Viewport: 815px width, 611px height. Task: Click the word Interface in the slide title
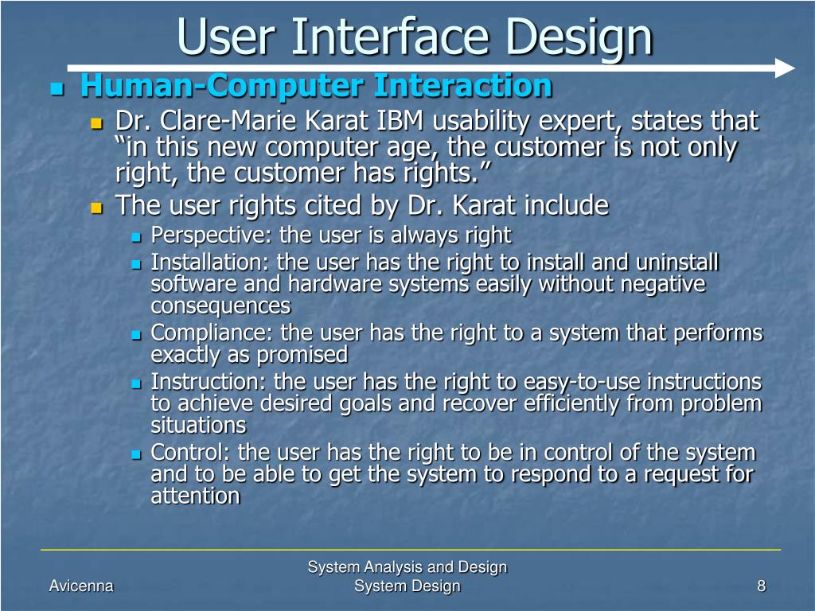pos(390,37)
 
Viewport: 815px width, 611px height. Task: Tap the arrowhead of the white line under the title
pos(784,68)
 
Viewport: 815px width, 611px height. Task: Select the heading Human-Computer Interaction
pos(316,85)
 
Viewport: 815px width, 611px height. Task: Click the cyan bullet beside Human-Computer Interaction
pos(57,88)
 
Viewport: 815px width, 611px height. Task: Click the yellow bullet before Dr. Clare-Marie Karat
pos(96,123)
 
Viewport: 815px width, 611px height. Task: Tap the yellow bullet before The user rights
pos(96,208)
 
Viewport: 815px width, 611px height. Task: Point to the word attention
pos(196,496)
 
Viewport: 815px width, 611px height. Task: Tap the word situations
pos(198,426)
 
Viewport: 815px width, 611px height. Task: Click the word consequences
pos(220,306)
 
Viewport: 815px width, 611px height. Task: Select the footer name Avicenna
pos(81,586)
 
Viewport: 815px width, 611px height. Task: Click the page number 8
pos(762,586)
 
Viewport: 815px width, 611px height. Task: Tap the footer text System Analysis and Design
pos(407,566)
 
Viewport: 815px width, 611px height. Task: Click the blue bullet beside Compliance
pos(136,336)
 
